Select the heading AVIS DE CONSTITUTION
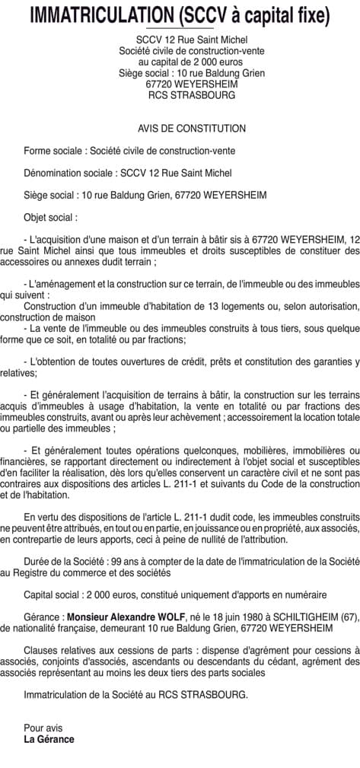[180, 129]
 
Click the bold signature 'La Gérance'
[49, 739]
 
